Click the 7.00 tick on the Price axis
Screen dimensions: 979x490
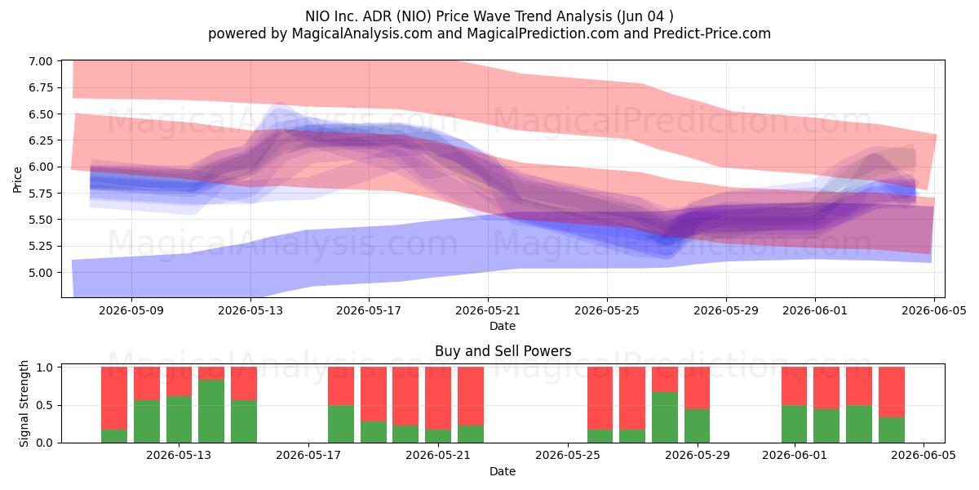(x=40, y=61)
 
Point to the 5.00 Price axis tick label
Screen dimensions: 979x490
(x=40, y=273)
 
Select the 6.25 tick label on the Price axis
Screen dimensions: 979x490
(x=40, y=140)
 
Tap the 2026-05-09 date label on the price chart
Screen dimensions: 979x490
(x=131, y=310)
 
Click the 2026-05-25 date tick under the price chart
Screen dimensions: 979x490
(x=607, y=310)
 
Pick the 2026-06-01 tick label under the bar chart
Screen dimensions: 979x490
(x=795, y=456)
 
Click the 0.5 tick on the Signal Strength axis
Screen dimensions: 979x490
(x=45, y=406)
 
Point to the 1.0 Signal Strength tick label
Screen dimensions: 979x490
(x=45, y=367)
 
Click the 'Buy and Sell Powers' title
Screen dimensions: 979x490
(x=503, y=351)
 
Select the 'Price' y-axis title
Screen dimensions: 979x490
(x=17, y=180)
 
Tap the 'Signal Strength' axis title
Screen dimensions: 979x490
(x=24, y=403)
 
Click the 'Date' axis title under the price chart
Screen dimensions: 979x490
(x=503, y=326)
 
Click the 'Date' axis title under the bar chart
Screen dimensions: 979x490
(x=503, y=471)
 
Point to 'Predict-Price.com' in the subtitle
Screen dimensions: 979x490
(x=712, y=33)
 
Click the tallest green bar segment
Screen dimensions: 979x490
(x=211, y=412)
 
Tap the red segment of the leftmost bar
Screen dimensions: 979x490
(x=114, y=399)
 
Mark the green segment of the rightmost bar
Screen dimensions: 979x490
(x=892, y=430)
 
